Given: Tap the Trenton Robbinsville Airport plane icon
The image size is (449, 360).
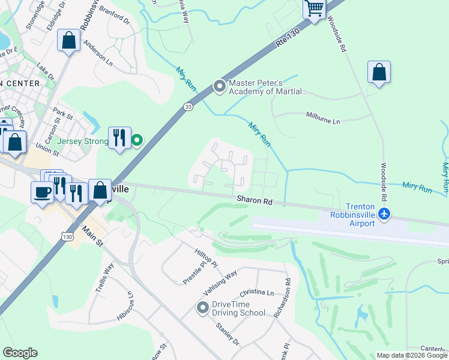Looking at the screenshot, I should tap(385, 213).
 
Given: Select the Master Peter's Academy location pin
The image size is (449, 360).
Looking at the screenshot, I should tap(220, 87).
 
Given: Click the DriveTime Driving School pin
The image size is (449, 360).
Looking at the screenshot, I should tap(203, 308).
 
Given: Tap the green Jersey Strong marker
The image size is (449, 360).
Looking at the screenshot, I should tap(137, 141).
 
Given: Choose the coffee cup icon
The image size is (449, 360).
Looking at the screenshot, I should tap(42, 192).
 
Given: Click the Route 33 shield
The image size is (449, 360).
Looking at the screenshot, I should tap(188, 107).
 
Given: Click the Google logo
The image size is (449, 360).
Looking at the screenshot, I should tap(20, 353).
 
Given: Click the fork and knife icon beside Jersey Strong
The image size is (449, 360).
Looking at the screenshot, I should tap(119, 137).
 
